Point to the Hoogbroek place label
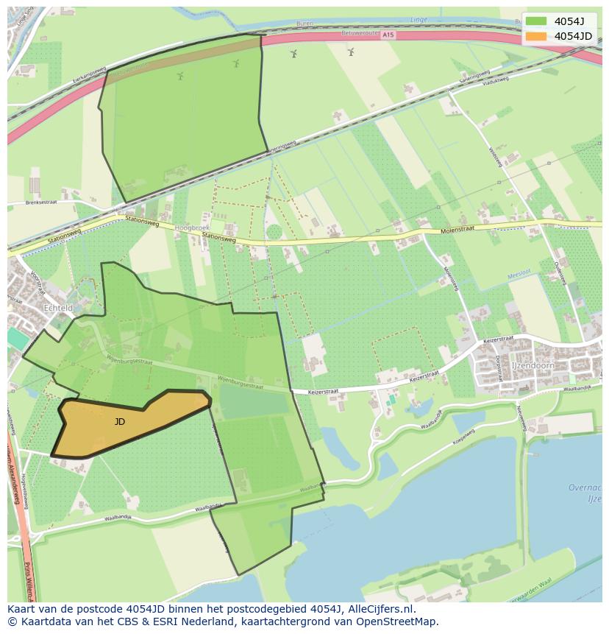pos(192,229)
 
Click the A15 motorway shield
pos(388,35)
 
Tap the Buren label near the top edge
pos(304,24)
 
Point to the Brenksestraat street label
pos(40,202)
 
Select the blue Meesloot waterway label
pos(519,278)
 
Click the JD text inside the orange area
pos(120,422)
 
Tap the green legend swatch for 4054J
pos(536,21)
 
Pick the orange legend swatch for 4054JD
pos(536,36)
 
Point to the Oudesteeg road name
pos(561,272)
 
